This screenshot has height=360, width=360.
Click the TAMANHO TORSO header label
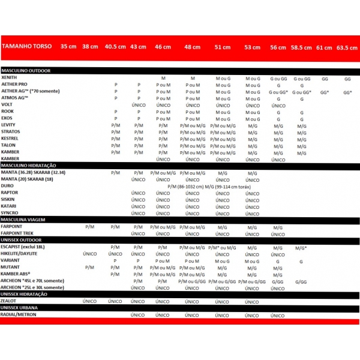tap(26, 46)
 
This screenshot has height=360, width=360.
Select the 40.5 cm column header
tap(115, 47)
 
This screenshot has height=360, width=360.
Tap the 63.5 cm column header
tap(347, 47)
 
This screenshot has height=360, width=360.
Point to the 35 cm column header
tap(68, 46)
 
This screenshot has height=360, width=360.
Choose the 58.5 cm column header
tap(302, 47)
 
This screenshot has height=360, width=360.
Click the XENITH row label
tap(9, 78)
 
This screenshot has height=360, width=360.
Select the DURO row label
tap(8, 187)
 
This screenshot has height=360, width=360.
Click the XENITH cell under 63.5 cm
tap(347, 79)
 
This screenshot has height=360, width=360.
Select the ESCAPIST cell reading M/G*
tap(301, 247)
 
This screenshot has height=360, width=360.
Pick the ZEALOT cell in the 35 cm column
tap(89, 301)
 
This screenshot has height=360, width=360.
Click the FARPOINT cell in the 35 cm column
tap(89, 227)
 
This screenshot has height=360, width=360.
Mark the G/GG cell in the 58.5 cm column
tap(301, 281)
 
